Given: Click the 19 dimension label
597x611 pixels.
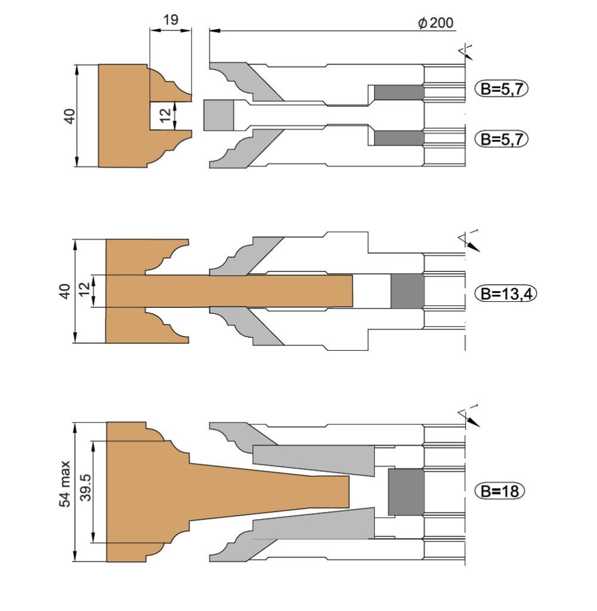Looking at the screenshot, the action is [x=170, y=20].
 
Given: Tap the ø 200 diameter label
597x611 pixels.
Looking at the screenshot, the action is [x=436, y=23].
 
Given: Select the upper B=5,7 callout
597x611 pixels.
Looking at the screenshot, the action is [x=501, y=89].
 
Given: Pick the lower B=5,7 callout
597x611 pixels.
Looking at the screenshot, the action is [x=501, y=138].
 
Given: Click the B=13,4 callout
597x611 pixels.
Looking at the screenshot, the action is [x=506, y=293].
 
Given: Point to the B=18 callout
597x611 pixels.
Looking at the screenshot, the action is [x=500, y=490].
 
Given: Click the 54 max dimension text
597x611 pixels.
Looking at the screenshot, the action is [x=65, y=483].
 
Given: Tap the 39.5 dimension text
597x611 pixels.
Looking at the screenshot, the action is [x=85, y=487].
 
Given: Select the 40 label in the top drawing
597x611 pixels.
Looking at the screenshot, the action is [x=70, y=116].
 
